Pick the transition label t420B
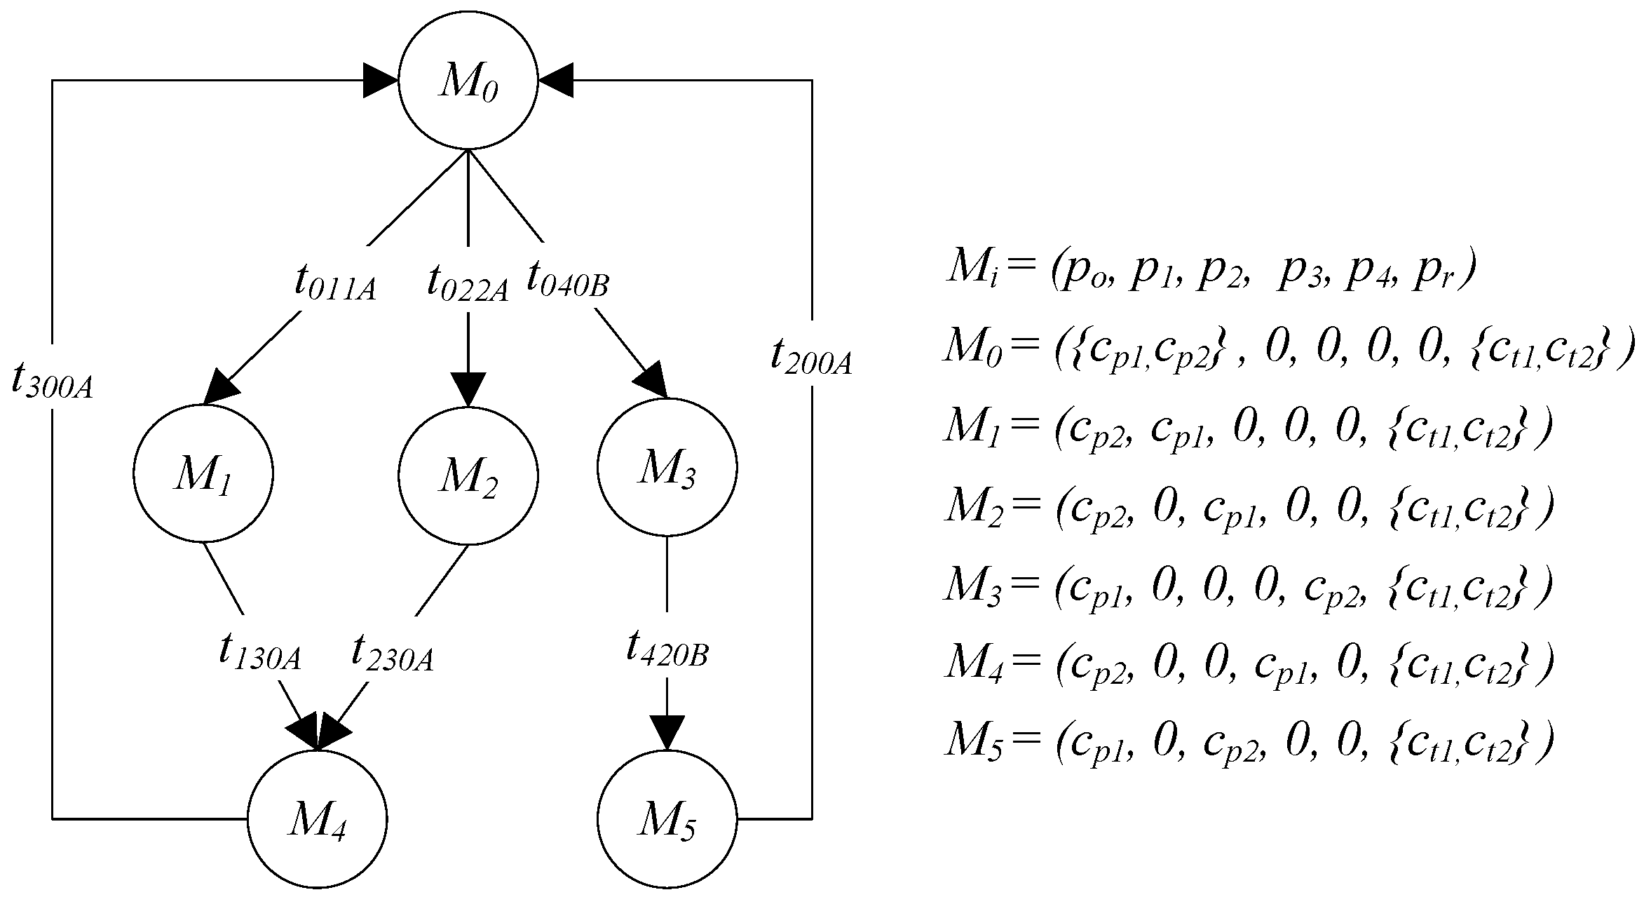coord(667,649)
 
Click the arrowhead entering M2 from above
coord(468,389)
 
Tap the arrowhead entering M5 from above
coord(667,732)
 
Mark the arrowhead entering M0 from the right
coord(556,80)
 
